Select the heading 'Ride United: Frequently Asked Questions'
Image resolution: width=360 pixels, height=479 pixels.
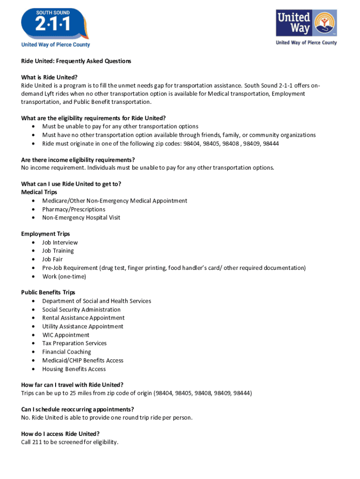[x=76, y=61]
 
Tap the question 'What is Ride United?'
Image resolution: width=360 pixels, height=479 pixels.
[x=49, y=77]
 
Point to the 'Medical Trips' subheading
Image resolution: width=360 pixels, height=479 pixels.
[x=39, y=192]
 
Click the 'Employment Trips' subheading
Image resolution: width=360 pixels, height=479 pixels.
[x=45, y=234]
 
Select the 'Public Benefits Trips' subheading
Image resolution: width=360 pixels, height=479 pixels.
[x=48, y=292]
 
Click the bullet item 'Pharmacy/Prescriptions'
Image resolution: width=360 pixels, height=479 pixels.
[x=74, y=209]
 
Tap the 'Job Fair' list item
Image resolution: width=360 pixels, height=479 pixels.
[x=52, y=259]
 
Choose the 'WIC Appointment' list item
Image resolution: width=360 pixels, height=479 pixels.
[x=65, y=335]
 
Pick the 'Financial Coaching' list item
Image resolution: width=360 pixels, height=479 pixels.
[x=67, y=352]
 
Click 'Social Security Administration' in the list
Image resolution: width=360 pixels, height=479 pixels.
[x=81, y=310]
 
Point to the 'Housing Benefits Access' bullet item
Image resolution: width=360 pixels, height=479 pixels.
[x=74, y=369]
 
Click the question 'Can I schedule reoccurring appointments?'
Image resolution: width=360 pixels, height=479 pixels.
[x=78, y=409]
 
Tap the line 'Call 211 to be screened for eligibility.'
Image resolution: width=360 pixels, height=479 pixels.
[x=70, y=442]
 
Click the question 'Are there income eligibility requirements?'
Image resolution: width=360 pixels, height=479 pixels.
[x=78, y=160]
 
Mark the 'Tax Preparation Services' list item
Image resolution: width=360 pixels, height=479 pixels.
[x=74, y=343]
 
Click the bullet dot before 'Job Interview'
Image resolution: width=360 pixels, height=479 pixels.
[x=33, y=243]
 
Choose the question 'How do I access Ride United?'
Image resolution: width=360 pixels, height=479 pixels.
[x=60, y=434]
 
